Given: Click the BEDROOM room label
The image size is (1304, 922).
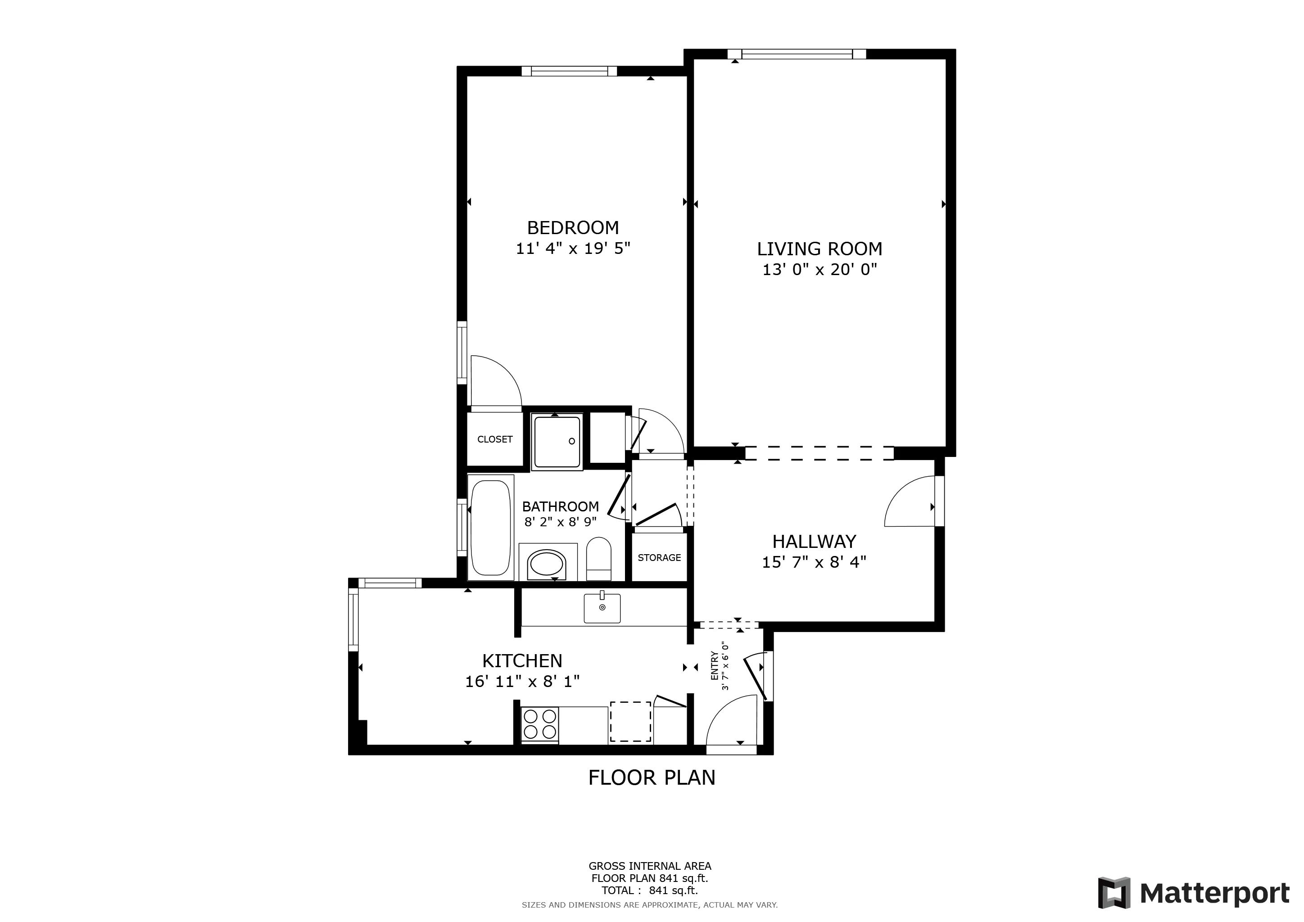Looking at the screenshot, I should pyautogui.click(x=572, y=228).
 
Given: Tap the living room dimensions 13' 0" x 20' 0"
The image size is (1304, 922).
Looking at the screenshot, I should pyautogui.click(x=819, y=270).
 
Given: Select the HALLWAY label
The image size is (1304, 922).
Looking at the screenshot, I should pyautogui.click(x=813, y=541).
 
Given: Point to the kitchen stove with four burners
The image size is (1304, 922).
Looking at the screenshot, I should pyautogui.click(x=539, y=724).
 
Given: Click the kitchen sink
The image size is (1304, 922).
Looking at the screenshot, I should pyautogui.click(x=602, y=608).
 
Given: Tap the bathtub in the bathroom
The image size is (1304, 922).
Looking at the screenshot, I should pyautogui.click(x=491, y=528).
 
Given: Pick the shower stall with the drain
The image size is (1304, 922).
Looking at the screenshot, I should pyautogui.click(x=557, y=442).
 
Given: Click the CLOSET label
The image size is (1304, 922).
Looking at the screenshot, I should pyautogui.click(x=495, y=439).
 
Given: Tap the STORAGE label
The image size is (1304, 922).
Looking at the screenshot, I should pyautogui.click(x=659, y=557).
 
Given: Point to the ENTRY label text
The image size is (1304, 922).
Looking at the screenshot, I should pyautogui.click(x=715, y=666).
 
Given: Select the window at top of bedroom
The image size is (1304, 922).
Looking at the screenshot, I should pyautogui.click(x=569, y=72).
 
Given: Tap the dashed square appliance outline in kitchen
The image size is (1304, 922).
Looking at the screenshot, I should pyautogui.click(x=630, y=722).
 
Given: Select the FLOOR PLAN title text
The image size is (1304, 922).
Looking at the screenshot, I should pyautogui.click(x=652, y=777).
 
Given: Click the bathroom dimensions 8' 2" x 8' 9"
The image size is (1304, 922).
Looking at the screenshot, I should pyautogui.click(x=560, y=522).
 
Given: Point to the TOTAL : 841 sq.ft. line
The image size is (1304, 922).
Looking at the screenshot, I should pyautogui.click(x=649, y=890).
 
